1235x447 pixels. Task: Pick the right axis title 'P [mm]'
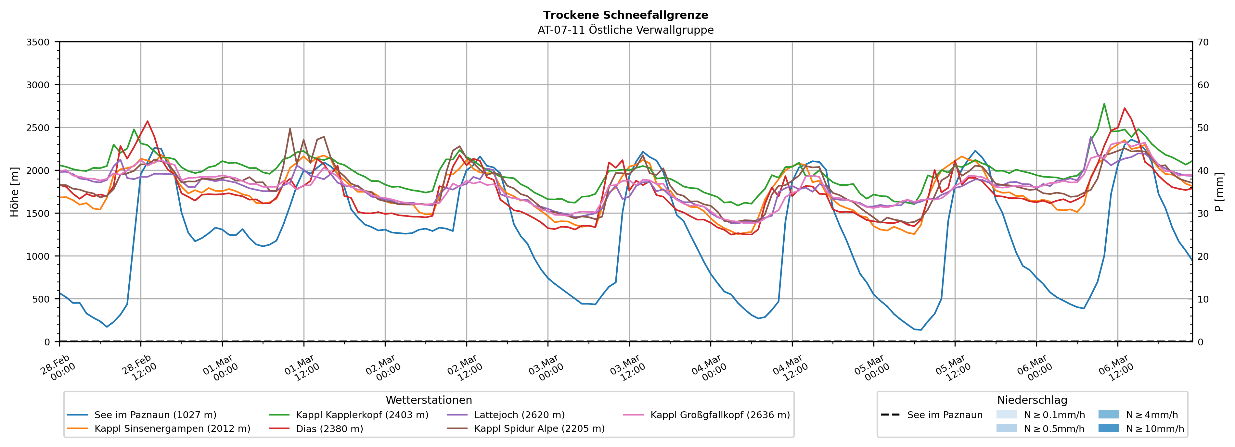point(1219,192)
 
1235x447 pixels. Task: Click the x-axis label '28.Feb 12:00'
point(139,368)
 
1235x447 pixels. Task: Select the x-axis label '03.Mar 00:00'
point(547,368)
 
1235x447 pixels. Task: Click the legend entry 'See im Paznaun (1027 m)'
point(155,415)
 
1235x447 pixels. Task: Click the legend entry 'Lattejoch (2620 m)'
point(519,415)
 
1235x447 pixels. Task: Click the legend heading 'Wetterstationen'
point(429,400)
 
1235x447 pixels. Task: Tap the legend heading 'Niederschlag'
point(1032,400)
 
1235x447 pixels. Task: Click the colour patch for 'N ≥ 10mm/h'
point(1108,428)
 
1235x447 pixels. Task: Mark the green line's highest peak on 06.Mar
point(1104,104)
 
